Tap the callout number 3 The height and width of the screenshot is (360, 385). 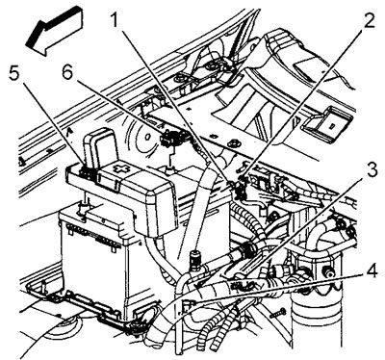click(372, 170)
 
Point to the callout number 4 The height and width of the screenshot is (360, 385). click(372, 271)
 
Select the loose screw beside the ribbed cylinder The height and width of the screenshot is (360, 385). click(277, 313)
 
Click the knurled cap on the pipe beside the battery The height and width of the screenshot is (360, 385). click(195, 258)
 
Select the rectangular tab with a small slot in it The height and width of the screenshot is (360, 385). click(328, 123)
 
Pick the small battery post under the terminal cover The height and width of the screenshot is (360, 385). click(83, 208)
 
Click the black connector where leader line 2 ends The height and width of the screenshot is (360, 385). click(240, 189)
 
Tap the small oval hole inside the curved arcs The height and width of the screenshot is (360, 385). click(147, 137)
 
